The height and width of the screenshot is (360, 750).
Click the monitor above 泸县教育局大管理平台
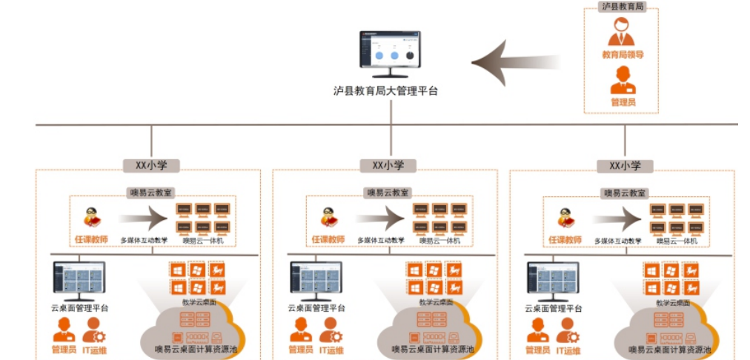(390, 53)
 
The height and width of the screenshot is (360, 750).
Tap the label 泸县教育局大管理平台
(385, 92)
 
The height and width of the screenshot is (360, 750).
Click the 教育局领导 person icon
(622, 33)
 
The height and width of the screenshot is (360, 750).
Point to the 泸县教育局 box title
(621, 6)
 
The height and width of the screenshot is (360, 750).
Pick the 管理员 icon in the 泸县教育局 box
(623, 80)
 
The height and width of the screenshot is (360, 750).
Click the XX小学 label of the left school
(151, 166)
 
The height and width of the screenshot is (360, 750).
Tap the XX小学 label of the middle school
(388, 166)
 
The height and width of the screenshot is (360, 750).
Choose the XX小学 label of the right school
(625, 166)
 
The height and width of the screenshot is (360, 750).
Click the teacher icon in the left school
(92, 218)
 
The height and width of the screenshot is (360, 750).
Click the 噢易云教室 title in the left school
(152, 193)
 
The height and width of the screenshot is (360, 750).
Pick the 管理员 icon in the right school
(537, 330)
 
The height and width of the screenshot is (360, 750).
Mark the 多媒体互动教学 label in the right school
(617, 241)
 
